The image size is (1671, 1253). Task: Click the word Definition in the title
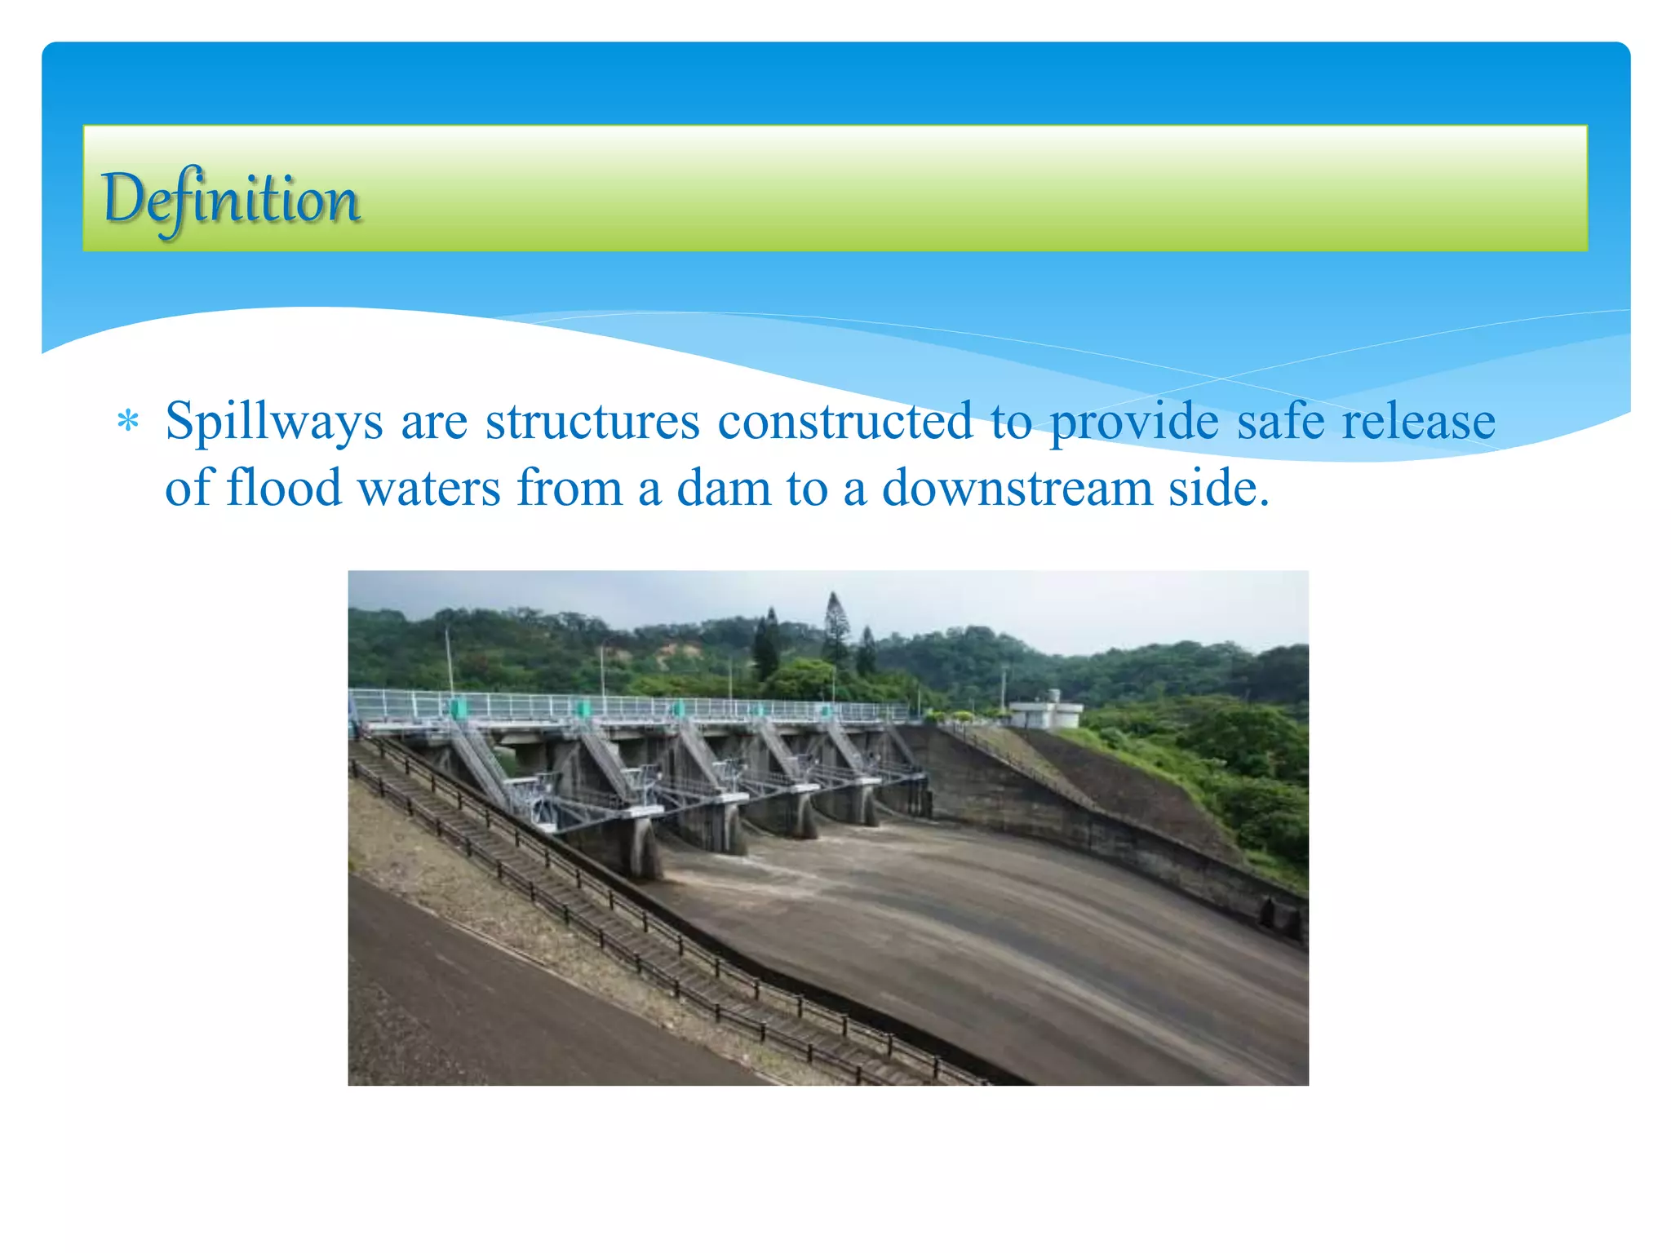[230, 200]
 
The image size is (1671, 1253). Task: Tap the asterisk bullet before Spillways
[128, 423]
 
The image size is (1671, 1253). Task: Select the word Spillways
[274, 423]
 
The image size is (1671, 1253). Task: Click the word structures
[592, 422]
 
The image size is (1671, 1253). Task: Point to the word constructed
[844, 422]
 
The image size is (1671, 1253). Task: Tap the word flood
[284, 488]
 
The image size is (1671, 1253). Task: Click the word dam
[724, 489]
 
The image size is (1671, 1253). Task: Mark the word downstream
[1017, 489]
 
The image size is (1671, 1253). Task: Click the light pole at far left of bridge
[448, 661]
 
